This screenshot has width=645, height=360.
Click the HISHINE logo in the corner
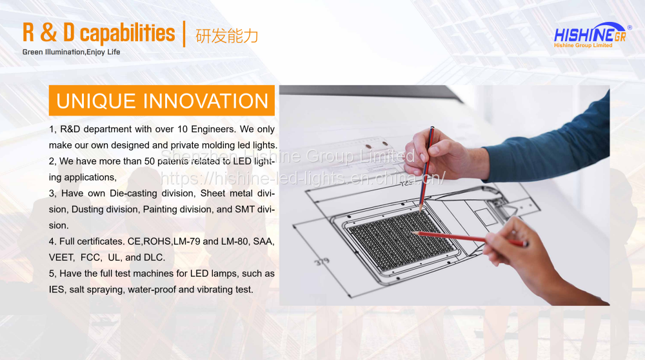pos(591,33)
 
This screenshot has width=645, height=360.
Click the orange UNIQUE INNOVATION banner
pos(162,101)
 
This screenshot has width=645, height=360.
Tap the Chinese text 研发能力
pos(226,36)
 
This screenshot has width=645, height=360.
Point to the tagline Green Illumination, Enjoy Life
pos(71,52)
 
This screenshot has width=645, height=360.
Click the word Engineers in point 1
pos(213,129)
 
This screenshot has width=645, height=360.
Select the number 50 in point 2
pos(150,161)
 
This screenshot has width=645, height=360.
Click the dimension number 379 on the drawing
pos(322,261)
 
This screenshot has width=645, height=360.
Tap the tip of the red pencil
pos(413,233)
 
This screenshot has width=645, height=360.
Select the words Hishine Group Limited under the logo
pos(583,45)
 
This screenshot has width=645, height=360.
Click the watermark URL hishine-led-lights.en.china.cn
pos(303,178)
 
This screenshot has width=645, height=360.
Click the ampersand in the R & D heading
pos(48,33)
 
